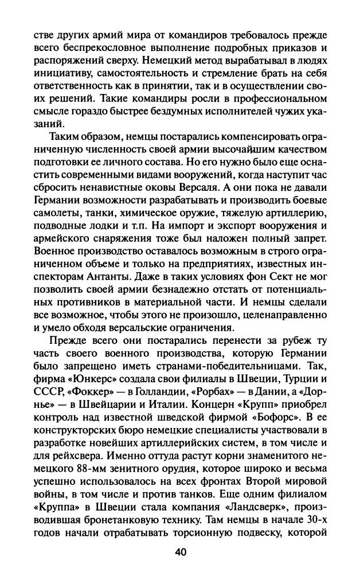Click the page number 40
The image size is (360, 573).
179,552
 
